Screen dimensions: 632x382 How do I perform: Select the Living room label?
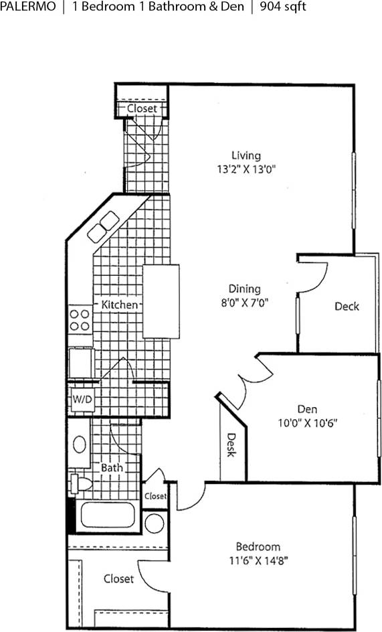[x=242, y=155]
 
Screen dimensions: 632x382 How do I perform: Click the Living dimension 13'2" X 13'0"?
[x=242, y=169]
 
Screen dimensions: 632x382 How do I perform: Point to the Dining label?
[x=244, y=289]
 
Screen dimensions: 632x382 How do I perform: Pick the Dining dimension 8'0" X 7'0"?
[x=244, y=302]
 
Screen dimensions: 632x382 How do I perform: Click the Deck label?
[x=347, y=307]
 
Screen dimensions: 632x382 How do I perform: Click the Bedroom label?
[x=258, y=546]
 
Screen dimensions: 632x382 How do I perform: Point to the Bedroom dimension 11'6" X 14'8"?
[x=258, y=560]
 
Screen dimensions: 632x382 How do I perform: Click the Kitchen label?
[x=120, y=305]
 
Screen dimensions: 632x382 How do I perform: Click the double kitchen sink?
[x=102, y=227]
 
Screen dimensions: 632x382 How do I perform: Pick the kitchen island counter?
[x=161, y=301]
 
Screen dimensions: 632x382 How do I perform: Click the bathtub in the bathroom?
[x=108, y=517]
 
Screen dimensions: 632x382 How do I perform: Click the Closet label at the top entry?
[x=142, y=108]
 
